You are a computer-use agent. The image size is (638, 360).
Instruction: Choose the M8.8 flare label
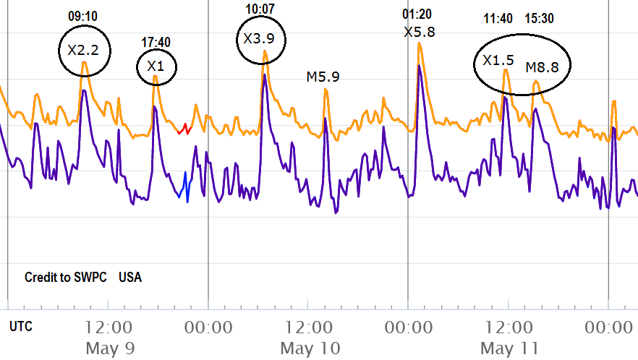pyautogui.click(x=542, y=67)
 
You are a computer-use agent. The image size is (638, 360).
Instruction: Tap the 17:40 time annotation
pyautogui.click(x=156, y=42)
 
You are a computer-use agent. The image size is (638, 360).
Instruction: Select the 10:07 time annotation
pyautogui.click(x=261, y=8)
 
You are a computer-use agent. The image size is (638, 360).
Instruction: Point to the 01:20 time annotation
pyautogui.click(x=417, y=14)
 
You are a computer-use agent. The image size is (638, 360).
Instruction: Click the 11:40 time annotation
pyautogui.click(x=499, y=18)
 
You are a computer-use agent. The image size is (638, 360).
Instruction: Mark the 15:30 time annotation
pyautogui.click(x=540, y=18)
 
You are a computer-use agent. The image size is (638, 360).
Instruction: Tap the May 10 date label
pyautogui.click(x=310, y=348)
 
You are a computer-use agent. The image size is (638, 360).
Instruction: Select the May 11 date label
pyautogui.click(x=509, y=348)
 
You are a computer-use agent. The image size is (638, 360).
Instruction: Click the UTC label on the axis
pyautogui.click(x=21, y=327)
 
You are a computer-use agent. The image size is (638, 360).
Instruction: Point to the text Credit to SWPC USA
pyautogui.click(x=83, y=278)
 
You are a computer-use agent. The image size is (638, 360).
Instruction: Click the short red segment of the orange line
pyautogui.click(x=184, y=129)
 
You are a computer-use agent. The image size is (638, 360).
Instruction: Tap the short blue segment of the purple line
pyautogui.click(x=184, y=187)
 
